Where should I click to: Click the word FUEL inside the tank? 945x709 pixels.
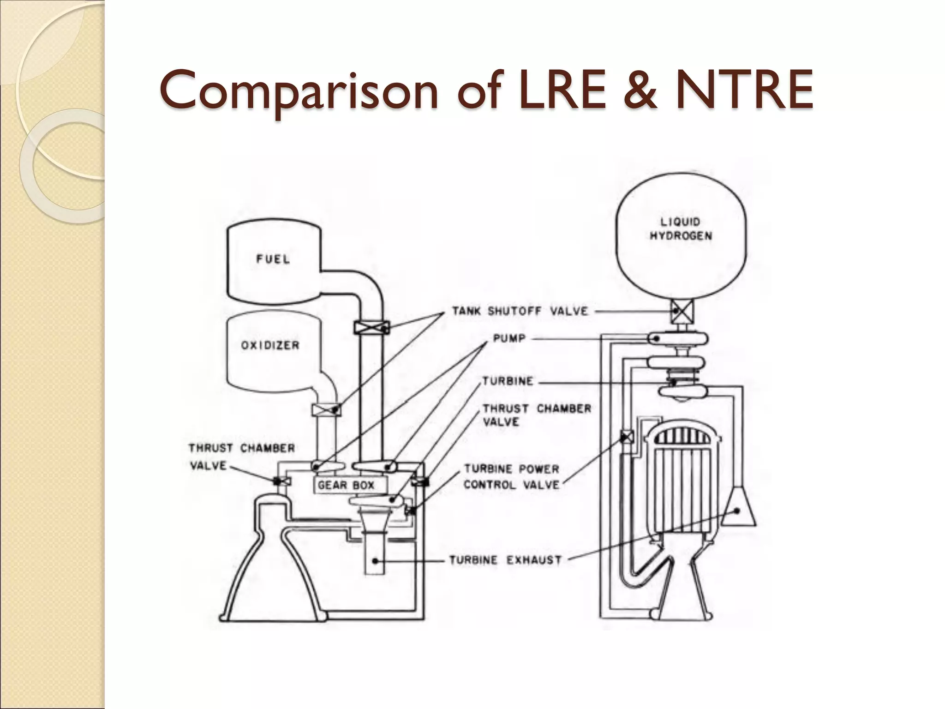click(x=273, y=259)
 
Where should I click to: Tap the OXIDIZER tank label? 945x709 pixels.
click(x=270, y=345)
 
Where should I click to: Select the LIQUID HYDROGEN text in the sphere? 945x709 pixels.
click(x=681, y=229)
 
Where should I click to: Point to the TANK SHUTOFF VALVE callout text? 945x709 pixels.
click(x=520, y=311)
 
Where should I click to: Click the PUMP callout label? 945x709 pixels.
click(x=509, y=338)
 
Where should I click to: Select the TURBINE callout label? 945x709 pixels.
click(x=508, y=381)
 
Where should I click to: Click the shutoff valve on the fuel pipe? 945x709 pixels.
click(x=371, y=327)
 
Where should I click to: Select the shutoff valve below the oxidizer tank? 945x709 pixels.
click(x=327, y=409)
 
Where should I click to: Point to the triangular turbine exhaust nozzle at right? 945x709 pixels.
click(x=738, y=508)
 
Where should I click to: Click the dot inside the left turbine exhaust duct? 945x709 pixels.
click(x=376, y=561)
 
